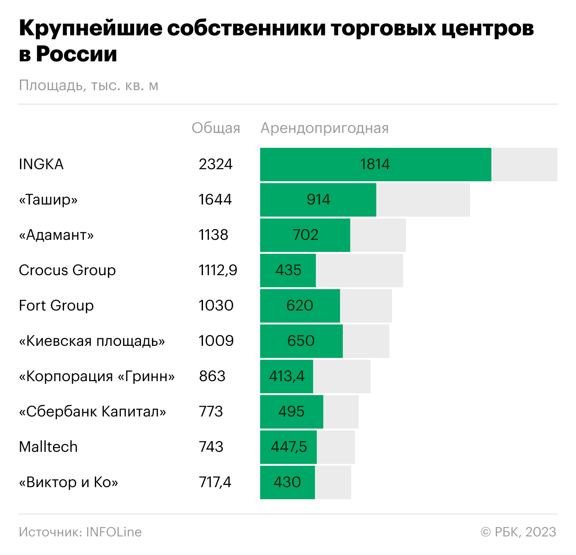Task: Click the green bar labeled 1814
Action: click(x=375, y=165)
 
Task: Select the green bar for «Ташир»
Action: click(x=318, y=200)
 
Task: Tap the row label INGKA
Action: click(x=41, y=165)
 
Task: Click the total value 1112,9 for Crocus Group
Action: click(x=218, y=271)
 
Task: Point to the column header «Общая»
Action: click(x=216, y=128)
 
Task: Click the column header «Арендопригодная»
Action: click(x=325, y=128)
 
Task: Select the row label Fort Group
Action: click(x=56, y=306)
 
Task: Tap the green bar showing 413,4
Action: click(x=287, y=377)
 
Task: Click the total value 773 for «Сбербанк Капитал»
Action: click(x=211, y=412)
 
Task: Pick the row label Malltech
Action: click(x=48, y=447)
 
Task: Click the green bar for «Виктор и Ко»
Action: click(x=288, y=482)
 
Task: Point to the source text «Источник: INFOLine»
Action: click(x=80, y=532)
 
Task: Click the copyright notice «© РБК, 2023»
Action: click(x=518, y=532)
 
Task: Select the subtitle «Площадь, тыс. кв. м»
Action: click(x=89, y=86)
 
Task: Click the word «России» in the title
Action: click(x=77, y=54)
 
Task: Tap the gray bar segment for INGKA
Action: click(x=524, y=165)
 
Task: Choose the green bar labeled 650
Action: click(x=301, y=341)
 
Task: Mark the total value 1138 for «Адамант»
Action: click(x=214, y=235)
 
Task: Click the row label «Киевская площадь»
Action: click(x=92, y=341)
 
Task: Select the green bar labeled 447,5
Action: click(x=288, y=447)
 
